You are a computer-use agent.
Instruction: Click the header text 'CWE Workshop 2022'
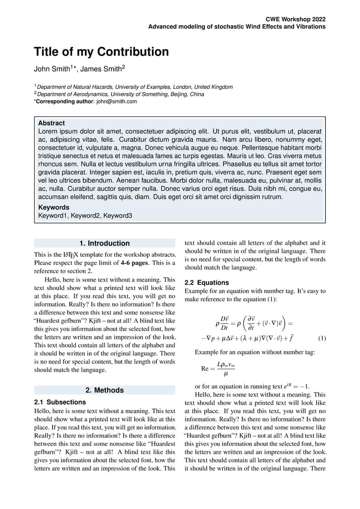click(x=296, y=19)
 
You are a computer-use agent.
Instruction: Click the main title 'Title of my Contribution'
click(x=101, y=52)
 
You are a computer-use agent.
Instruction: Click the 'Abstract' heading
click(x=51, y=123)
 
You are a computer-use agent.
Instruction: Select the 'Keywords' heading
click(x=54, y=208)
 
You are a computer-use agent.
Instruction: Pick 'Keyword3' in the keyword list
click(x=118, y=216)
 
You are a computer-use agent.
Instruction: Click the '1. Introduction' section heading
click(x=104, y=243)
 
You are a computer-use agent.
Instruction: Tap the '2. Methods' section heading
click(x=104, y=390)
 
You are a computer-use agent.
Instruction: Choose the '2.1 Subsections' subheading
click(x=60, y=402)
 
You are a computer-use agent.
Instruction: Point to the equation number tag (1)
click(x=322, y=338)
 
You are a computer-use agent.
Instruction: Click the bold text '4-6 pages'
click(x=135, y=263)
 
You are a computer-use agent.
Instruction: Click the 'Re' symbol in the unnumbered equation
click(x=205, y=368)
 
